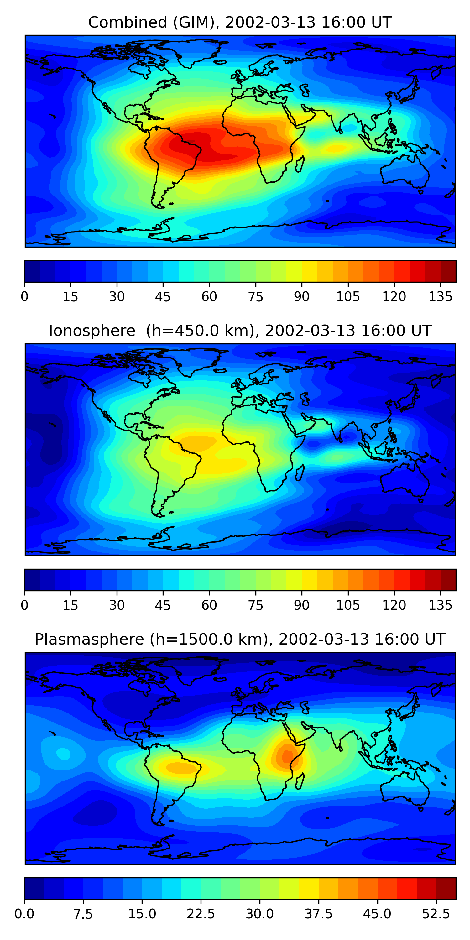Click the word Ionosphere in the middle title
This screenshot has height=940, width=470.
(92, 331)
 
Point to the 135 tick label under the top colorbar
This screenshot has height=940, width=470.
(440, 297)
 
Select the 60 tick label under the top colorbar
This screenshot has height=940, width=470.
(209, 297)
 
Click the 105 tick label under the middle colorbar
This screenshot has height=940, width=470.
(348, 605)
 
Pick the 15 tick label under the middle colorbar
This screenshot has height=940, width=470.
(70, 605)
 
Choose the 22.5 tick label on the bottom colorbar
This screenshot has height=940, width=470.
(201, 914)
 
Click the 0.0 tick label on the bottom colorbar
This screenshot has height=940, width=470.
(24, 914)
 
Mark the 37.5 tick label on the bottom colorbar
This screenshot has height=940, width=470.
(318, 914)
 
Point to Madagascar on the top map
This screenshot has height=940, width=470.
(300, 164)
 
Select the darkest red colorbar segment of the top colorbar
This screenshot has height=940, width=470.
(448, 271)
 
